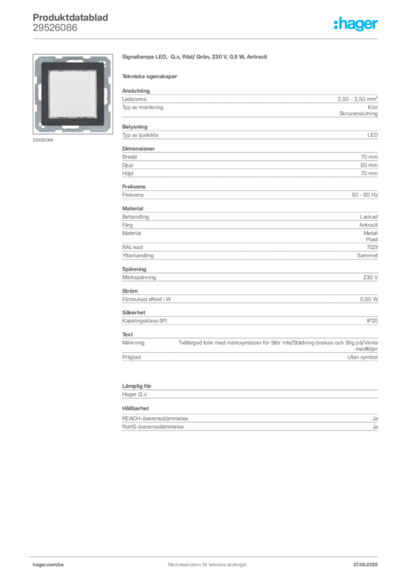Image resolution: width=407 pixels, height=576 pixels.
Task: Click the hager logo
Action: pyautogui.click(x=356, y=24)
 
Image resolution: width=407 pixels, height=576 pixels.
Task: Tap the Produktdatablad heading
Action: pyautogui.click(x=70, y=17)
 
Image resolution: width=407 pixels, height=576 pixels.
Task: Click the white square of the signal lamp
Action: pyautogui.click(x=73, y=94)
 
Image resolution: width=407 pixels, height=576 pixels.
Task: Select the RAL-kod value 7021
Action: pyautogui.click(x=372, y=247)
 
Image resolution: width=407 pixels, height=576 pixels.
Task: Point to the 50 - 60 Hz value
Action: pyautogui.click(x=365, y=195)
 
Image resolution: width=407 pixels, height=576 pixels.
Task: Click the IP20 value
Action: pyautogui.click(x=372, y=321)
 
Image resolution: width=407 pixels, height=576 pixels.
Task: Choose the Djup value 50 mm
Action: pyautogui.click(x=369, y=165)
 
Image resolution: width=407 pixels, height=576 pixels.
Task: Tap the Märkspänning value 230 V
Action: pyautogui.click(x=370, y=277)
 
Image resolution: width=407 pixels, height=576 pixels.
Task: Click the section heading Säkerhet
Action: pyautogui.click(x=134, y=312)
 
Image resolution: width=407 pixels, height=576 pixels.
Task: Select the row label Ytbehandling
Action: pyautogui.click(x=138, y=255)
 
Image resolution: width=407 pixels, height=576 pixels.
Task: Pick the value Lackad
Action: pyautogui.click(x=369, y=217)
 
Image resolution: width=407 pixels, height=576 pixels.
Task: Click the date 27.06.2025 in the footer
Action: pyautogui.click(x=365, y=565)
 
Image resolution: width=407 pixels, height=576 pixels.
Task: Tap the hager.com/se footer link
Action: pyautogui.click(x=48, y=565)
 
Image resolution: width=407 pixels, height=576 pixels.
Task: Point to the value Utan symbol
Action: pyautogui.click(x=363, y=357)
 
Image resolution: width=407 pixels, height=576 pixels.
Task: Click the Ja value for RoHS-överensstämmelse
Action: pyautogui.click(x=375, y=427)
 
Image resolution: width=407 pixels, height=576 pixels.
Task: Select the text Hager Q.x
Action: pyautogui.click(x=134, y=394)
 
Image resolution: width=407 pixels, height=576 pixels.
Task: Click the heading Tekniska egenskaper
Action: pyautogui.click(x=150, y=76)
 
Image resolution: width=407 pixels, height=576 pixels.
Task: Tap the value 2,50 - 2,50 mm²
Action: pyautogui.click(x=358, y=99)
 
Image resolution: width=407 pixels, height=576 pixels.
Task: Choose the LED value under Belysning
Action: pyautogui.click(x=373, y=135)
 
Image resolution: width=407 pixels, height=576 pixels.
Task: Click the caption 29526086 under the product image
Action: pyautogui.click(x=43, y=140)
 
